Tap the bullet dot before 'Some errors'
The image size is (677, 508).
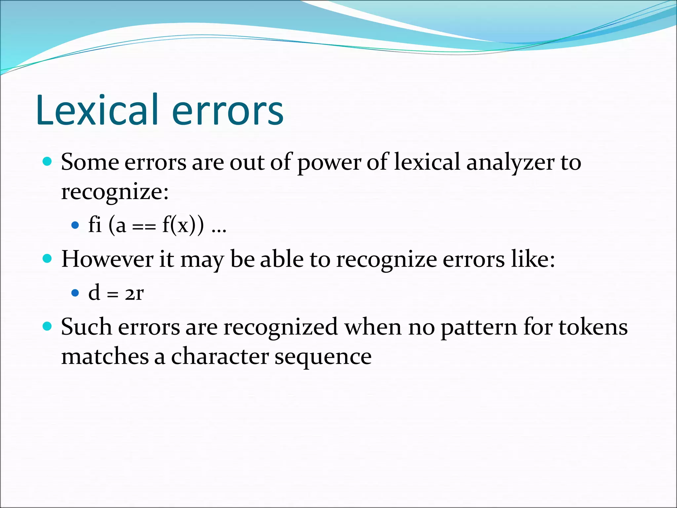pyautogui.click(x=48, y=161)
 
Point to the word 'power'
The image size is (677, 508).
pyautogui.click(x=329, y=163)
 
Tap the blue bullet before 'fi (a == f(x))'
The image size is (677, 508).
pyautogui.click(x=75, y=225)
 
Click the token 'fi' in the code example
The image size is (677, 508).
pyautogui.click(x=95, y=225)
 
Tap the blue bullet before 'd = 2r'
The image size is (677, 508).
pyautogui.click(x=75, y=293)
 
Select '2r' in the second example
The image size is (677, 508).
pyautogui.click(x=134, y=293)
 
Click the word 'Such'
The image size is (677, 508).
pyautogui.click(x=86, y=327)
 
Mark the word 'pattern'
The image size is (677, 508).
pyautogui.click(x=479, y=327)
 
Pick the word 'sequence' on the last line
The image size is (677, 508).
pyautogui.click(x=323, y=357)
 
